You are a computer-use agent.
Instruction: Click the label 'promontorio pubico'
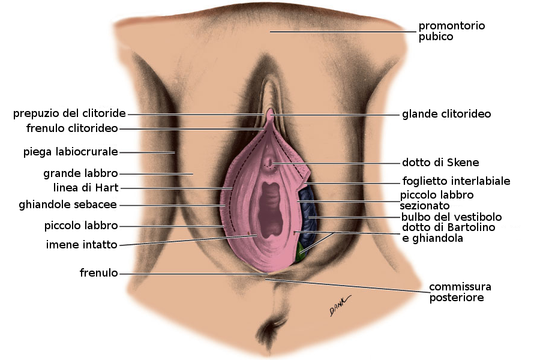click(x=451, y=31)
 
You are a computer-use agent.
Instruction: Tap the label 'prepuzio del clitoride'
click(x=70, y=113)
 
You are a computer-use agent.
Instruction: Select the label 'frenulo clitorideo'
click(x=72, y=128)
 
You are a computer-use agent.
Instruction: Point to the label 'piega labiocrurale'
click(x=70, y=152)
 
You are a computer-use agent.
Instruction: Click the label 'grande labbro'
click(x=80, y=174)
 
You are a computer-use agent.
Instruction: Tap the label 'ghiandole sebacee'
click(x=68, y=205)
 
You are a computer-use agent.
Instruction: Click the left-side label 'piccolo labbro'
click(x=81, y=226)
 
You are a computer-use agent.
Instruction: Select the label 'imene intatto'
click(x=82, y=244)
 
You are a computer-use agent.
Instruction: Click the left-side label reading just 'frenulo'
click(x=98, y=274)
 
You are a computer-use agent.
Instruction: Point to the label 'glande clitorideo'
click(x=446, y=114)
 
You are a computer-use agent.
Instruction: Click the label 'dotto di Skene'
click(x=440, y=163)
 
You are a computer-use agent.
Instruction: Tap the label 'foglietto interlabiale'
click(x=456, y=181)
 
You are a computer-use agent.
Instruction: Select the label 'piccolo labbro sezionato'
click(x=437, y=200)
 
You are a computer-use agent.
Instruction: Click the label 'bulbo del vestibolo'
click(x=452, y=217)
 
